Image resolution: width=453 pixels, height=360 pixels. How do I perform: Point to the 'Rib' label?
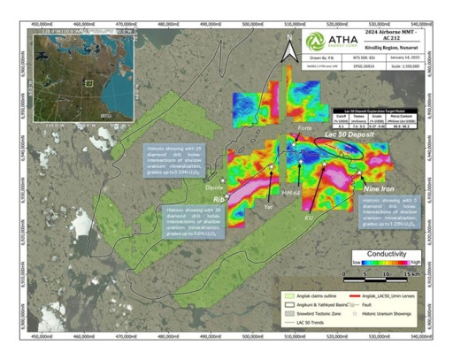[x=219, y=200]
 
